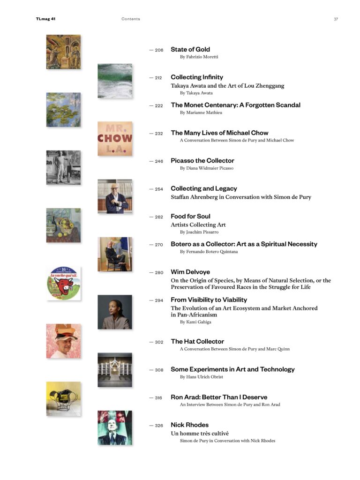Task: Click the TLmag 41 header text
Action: [45, 19]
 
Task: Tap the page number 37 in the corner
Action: [336, 19]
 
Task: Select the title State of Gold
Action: [190, 49]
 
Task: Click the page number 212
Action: [158, 78]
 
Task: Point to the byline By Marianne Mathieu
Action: [201, 112]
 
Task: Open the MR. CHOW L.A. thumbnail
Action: [115, 139]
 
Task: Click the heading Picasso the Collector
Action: [202, 161]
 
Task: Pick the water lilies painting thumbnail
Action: [63, 110]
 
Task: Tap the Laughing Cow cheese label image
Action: [63, 283]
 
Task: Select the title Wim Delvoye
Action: [190, 272]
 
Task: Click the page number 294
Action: [158, 300]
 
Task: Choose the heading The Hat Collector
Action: [197, 341]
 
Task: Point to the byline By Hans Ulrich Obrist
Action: [201, 377]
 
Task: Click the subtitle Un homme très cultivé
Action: [199, 434]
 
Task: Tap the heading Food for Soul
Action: [190, 216]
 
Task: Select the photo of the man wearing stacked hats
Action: [63, 341]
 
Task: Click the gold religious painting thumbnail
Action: [63, 52]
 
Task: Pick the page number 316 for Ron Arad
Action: [158, 398]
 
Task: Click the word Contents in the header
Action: [130, 19]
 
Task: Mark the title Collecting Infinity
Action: [196, 77]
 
